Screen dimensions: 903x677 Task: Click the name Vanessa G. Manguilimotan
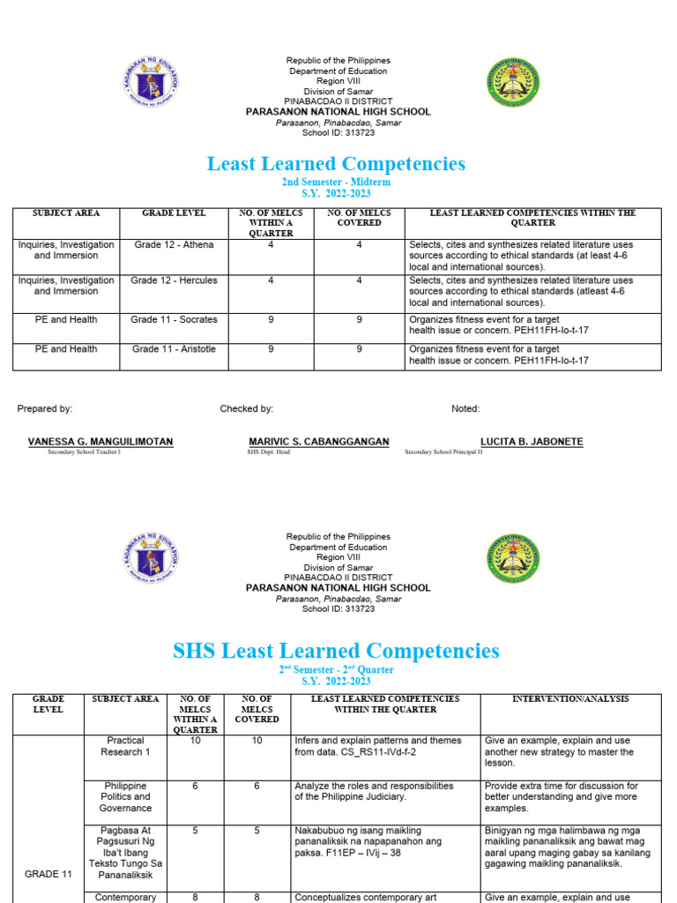tap(100, 442)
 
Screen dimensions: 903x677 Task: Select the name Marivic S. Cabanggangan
tap(319, 442)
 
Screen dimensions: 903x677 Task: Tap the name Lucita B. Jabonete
tap(531, 442)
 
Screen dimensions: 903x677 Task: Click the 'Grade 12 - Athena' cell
tap(175, 245)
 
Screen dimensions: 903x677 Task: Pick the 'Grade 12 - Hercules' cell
tap(175, 280)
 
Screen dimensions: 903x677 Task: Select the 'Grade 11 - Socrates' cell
tap(175, 320)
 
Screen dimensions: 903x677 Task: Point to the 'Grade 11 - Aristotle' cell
tap(175, 350)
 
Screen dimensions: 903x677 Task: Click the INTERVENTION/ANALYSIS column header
tap(570, 699)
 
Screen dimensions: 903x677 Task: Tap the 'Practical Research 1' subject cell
tap(125, 746)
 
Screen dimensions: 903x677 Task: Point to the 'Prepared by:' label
tap(45, 409)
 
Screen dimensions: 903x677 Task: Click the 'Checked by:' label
tap(247, 409)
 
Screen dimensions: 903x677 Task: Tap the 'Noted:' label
tap(465, 409)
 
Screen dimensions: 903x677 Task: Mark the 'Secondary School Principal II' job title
tap(443, 452)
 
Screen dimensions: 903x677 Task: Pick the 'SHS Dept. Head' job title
tap(268, 452)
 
